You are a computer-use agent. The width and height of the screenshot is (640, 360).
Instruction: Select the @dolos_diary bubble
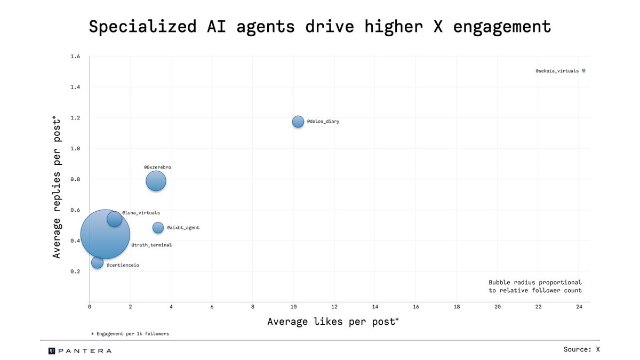(x=298, y=122)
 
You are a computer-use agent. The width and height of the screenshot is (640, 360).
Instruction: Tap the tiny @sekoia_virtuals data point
(x=583, y=70)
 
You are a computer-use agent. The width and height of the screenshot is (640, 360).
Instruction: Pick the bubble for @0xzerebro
(x=156, y=181)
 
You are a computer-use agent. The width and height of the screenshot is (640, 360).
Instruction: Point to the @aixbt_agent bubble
(x=158, y=228)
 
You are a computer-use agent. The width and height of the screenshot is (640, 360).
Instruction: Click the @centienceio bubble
(x=97, y=262)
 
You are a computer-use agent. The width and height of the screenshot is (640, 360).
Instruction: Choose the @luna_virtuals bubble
(x=114, y=218)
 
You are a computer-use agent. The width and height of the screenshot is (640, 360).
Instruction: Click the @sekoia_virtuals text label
(x=557, y=70)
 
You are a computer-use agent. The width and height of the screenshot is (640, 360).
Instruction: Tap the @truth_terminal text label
(x=151, y=245)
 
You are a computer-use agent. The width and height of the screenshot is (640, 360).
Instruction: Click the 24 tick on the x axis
(x=579, y=307)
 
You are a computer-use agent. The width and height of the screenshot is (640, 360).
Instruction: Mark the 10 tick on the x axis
(x=293, y=307)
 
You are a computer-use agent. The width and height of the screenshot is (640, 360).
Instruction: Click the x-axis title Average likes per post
(x=333, y=322)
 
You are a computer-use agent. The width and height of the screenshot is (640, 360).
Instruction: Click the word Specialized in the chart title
(x=140, y=26)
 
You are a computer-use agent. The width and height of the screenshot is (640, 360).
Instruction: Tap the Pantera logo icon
(x=52, y=350)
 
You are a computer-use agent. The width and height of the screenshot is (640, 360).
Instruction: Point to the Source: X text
(x=581, y=349)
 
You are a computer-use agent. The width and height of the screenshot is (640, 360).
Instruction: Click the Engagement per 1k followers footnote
(x=130, y=333)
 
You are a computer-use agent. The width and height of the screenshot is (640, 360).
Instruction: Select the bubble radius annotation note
(x=535, y=286)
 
